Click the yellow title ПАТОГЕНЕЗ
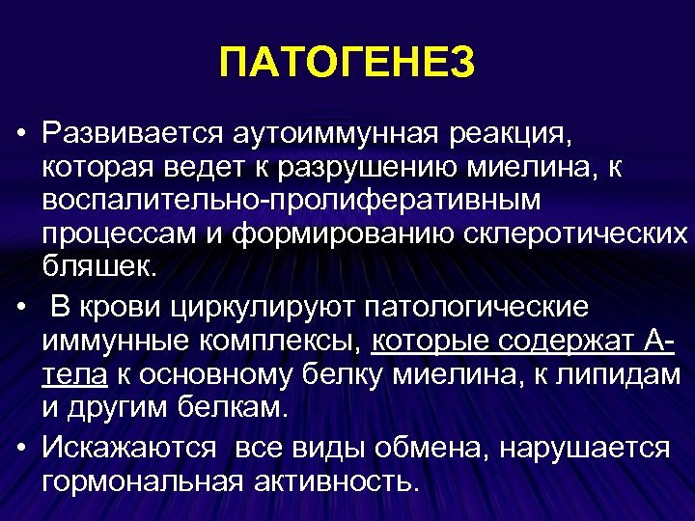tap(347, 64)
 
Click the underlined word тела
tap(74, 374)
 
